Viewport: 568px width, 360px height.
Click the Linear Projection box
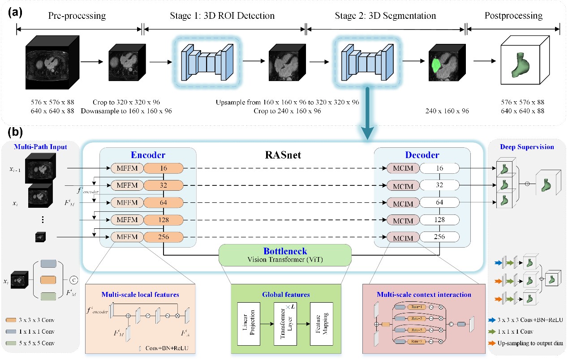(249, 323)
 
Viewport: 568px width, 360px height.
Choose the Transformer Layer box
(286, 323)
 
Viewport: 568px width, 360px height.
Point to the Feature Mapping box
(324, 323)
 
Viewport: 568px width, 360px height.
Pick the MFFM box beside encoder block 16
(126, 168)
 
